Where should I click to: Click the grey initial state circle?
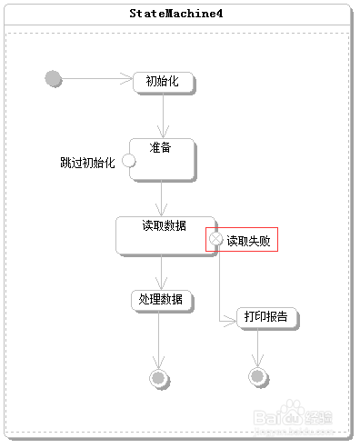[54, 79]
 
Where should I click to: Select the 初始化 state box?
[163, 82]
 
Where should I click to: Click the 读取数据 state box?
[164, 234]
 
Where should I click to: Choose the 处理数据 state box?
[160, 300]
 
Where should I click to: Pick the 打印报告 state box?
[265, 317]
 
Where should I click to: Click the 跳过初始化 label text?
[87, 163]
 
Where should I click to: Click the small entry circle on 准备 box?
[128, 162]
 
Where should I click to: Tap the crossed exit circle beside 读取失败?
[217, 240]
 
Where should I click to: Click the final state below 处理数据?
[160, 377]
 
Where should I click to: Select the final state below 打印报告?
[257, 376]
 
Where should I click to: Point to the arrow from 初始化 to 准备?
[164, 114]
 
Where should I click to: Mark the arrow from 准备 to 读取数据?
[161, 198]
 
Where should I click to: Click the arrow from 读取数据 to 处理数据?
[161, 272]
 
